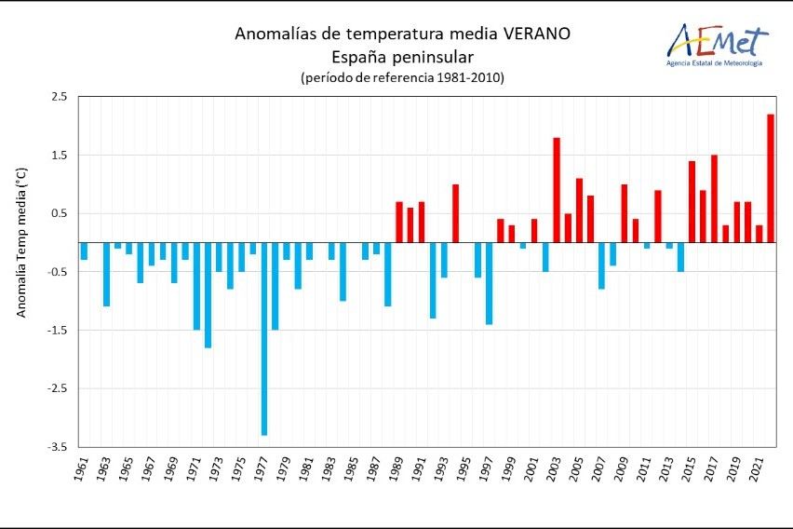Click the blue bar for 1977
[x=264, y=339]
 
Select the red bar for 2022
[x=771, y=178]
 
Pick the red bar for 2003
[x=557, y=190]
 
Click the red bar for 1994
[x=455, y=213]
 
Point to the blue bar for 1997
[x=489, y=283]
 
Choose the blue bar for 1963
[x=106, y=275]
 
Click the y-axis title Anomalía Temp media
[x=21, y=242]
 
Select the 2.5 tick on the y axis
[x=60, y=97]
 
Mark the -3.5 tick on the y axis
[x=58, y=447]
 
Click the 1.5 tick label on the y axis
[x=60, y=155]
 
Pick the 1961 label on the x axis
[x=82, y=469]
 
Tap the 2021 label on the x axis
[x=758, y=469]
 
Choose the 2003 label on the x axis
[x=555, y=469]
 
